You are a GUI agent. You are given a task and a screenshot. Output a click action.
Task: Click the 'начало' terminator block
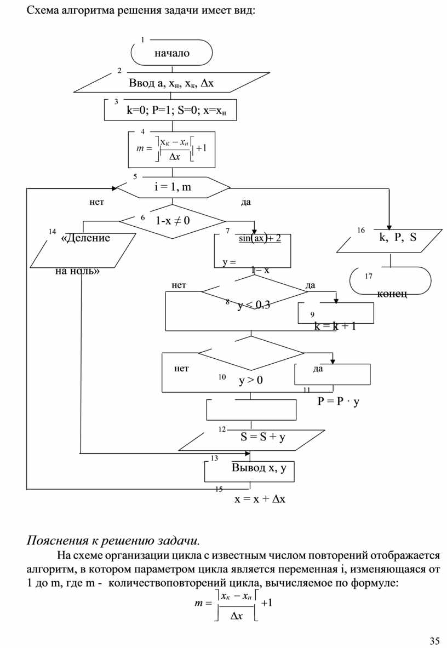pos(171,54)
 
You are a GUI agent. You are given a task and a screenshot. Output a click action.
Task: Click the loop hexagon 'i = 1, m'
pos(173,187)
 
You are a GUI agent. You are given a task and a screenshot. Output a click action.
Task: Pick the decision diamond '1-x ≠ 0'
pos(173,221)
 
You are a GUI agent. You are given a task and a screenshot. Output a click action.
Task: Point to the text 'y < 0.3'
pos(253,306)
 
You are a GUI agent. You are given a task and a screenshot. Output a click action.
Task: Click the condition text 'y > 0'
pos(251,380)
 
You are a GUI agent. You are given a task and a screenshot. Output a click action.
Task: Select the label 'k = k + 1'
pos(335,326)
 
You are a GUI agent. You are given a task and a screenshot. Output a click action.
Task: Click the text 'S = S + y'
pos(263,437)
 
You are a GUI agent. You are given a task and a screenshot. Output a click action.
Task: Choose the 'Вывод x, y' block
pos(259,468)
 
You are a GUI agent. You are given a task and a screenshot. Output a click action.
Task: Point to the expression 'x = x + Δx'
pos(260,500)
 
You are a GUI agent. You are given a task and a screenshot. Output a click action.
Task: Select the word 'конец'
pos(392,294)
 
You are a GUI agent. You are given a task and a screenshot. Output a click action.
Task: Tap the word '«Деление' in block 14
pos(85,238)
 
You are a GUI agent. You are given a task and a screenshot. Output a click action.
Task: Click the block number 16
pos(361,231)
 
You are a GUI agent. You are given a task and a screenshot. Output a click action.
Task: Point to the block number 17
pos(368,277)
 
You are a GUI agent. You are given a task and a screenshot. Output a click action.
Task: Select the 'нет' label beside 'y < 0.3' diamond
pos(179,285)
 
